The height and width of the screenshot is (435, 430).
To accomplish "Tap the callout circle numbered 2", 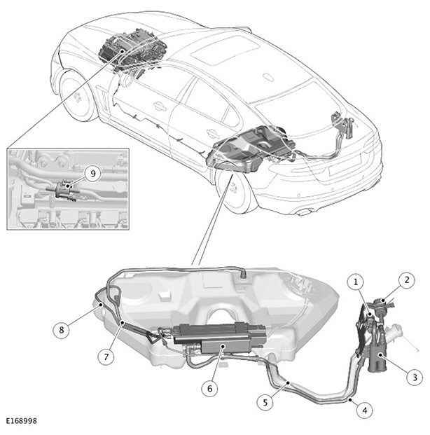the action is [407, 280].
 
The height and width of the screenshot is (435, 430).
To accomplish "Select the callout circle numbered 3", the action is [415, 378].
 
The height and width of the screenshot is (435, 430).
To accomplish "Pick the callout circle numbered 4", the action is [365, 410].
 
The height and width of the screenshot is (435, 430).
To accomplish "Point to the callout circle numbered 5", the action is [265, 402].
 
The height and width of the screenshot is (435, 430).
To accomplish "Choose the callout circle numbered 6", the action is [209, 388].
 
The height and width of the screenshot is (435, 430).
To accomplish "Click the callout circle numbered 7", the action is [106, 357].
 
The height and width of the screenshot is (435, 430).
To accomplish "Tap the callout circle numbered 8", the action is [62, 330].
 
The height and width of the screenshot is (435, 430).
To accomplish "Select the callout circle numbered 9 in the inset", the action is [93, 174].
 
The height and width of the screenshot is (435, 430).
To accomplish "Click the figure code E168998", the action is [22, 421].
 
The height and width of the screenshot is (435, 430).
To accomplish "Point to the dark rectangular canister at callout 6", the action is [219, 338].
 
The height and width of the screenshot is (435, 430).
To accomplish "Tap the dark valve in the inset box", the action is [64, 191].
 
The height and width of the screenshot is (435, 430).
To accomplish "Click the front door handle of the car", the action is [159, 106].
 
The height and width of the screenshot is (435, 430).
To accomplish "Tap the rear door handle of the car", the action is [213, 133].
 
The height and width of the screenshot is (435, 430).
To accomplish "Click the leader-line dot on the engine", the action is [123, 50].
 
